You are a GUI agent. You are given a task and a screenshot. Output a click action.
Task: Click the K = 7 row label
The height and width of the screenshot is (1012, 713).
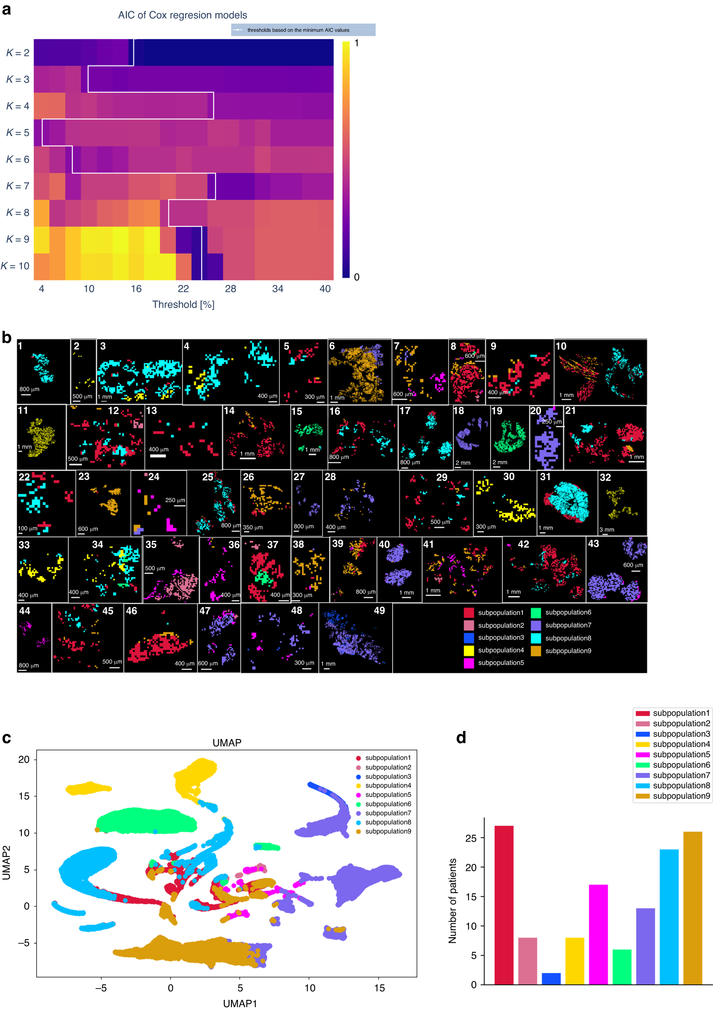pos(18,186)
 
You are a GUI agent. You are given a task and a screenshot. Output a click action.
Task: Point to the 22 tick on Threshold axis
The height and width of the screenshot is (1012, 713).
pos(183,289)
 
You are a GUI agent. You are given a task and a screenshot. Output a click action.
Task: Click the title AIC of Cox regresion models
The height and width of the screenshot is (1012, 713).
pos(182,15)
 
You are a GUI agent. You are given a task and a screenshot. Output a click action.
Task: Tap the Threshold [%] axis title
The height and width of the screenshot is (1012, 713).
pos(183,304)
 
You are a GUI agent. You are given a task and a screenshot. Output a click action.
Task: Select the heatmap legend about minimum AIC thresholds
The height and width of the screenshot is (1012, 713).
pos(303,30)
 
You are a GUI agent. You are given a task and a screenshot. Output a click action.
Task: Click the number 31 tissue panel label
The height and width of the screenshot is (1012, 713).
pos(545,476)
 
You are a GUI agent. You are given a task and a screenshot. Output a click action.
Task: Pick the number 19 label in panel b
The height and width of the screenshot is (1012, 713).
pos(497,411)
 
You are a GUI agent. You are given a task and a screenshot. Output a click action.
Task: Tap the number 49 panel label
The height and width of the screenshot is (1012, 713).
pos(379,610)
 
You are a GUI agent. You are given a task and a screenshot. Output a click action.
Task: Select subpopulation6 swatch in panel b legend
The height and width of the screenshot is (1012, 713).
pos(535,612)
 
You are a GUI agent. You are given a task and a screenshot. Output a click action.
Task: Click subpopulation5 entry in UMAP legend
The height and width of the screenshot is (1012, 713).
pos(388,795)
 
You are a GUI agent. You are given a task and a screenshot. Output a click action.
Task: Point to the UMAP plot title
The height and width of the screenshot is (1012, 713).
pos(227,743)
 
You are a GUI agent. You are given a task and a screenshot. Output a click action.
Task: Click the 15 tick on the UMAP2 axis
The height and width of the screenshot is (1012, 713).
pos(24,796)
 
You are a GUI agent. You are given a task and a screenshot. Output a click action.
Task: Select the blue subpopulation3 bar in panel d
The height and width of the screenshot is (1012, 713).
pos(551,978)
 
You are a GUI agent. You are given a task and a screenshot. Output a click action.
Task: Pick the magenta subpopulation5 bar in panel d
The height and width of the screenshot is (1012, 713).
pos(598,934)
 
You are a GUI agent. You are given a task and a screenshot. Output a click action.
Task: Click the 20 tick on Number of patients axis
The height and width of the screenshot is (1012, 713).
pos(471,867)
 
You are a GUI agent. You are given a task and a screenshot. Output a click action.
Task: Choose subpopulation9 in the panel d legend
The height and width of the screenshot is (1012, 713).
pos(681,796)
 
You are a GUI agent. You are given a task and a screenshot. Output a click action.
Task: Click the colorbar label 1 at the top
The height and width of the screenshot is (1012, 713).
pos(356,43)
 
